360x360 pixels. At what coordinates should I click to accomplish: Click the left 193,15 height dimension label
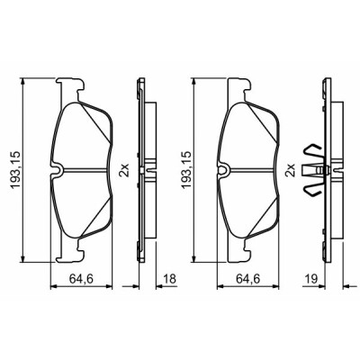coord(16,170)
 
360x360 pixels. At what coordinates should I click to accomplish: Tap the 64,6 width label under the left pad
coord(82,279)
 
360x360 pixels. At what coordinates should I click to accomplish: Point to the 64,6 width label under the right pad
coord(247,279)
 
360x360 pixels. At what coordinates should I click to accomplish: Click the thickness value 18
coord(169,279)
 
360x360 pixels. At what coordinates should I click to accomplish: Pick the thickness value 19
coord(311,279)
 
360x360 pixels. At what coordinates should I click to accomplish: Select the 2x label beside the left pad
coord(124,170)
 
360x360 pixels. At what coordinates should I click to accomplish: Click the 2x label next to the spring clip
coord(291,170)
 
